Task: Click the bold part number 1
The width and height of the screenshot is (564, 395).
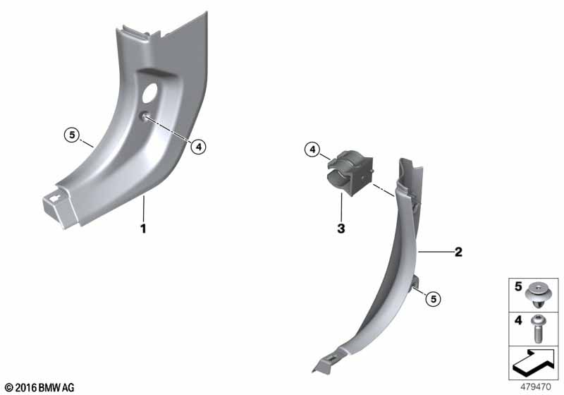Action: (143, 229)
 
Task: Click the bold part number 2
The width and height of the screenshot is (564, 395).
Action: (458, 252)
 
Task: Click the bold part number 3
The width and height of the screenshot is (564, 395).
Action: (341, 228)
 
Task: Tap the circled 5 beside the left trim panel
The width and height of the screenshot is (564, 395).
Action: (72, 135)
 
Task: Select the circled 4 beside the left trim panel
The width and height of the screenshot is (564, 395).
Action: (199, 147)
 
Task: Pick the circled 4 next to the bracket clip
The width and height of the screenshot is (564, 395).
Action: (312, 150)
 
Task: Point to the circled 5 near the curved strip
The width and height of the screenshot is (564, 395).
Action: (434, 298)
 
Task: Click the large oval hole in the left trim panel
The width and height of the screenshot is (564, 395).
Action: (149, 93)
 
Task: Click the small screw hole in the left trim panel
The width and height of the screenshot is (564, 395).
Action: (144, 116)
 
